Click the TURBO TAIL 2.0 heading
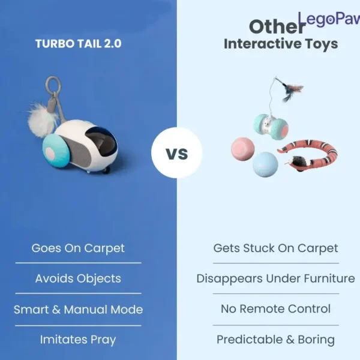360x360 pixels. pyautogui.click(x=78, y=44)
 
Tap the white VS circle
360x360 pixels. pyautogui.click(x=177, y=152)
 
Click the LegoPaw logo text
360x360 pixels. pyautogui.click(x=329, y=19)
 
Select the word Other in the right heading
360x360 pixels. pyautogui.click(x=277, y=26)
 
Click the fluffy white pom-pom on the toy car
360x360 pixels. pyautogui.click(x=42, y=121)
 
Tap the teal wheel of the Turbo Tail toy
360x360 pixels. pyautogui.click(x=56, y=151)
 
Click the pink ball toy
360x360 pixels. pyautogui.click(x=242, y=149)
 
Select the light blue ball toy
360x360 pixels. pyautogui.click(x=265, y=164)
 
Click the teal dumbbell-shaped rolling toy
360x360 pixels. pyautogui.click(x=271, y=127)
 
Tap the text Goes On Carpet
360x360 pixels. pyautogui.click(x=78, y=248)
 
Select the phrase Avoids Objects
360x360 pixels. pyautogui.click(x=78, y=279)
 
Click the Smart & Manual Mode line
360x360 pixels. pyautogui.click(x=78, y=310)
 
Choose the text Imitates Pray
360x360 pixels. pyautogui.click(x=78, y=340)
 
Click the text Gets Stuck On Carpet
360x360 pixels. pyautogui.click(x=276, y=248)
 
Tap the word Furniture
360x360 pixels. pyautogui.click(x=329, y=278)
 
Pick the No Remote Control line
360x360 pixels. pyautogui.click(x=276, y=309)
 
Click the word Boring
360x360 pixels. pyautogui.click(x=316, y=340)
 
